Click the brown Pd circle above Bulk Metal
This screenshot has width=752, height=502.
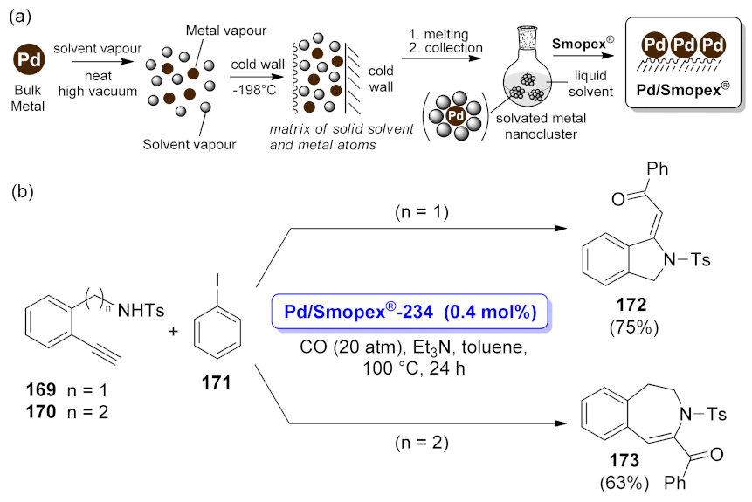29,62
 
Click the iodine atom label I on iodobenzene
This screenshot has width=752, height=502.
205,278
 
